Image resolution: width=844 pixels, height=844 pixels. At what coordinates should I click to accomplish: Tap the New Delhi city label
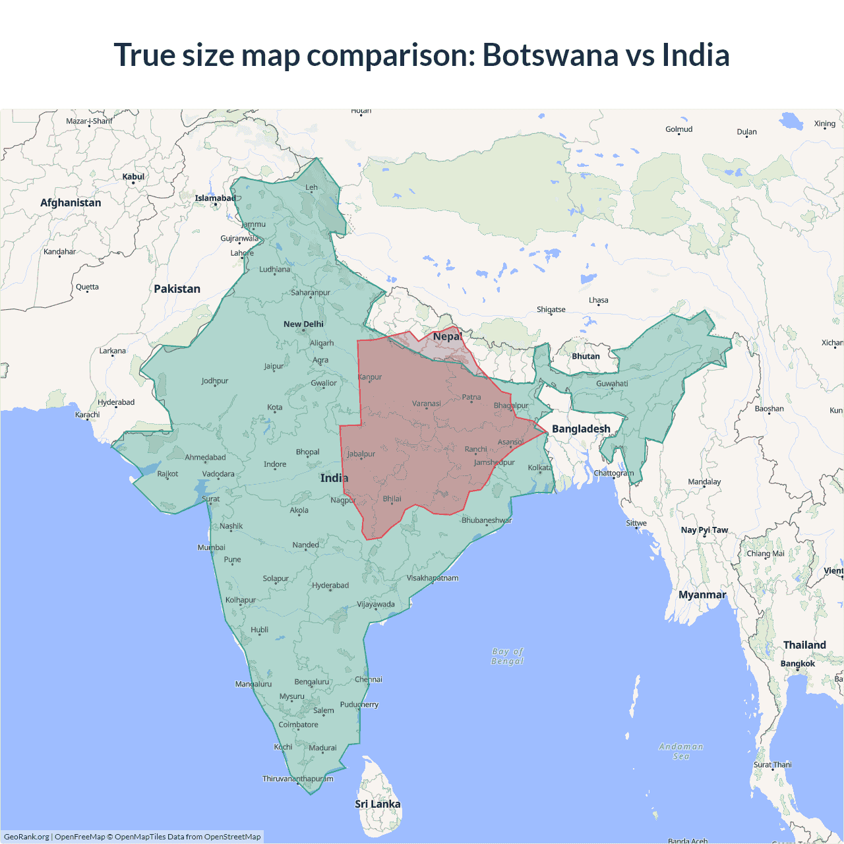[x=303, y=324]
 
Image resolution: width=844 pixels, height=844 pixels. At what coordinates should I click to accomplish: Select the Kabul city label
[x=133, y=177]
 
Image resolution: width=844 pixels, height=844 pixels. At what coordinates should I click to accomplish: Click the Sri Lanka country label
[x=377, y=804]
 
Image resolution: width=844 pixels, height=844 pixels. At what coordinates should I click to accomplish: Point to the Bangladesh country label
[x=581, y=429]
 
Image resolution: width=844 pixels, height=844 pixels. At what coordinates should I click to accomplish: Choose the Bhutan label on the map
[x=586, y=356]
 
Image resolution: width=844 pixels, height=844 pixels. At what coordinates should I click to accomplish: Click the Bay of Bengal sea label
[x=507, y=656]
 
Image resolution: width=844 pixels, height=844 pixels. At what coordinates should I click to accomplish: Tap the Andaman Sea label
[x=681, y=751]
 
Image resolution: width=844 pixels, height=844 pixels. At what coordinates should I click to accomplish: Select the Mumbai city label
[x=211, y=547]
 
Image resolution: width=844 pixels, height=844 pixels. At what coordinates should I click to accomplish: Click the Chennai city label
[x=368, y=679]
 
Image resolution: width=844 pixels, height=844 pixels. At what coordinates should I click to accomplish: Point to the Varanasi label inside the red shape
[x=426, y=404]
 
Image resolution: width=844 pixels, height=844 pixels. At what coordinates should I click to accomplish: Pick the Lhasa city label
[x=598, y=300]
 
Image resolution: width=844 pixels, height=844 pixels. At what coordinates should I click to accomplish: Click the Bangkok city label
[x=797, y=663]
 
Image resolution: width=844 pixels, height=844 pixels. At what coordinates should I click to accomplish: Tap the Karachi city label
[x=88, y=415]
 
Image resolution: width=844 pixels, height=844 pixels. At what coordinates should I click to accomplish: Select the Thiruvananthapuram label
[x=297, y=779]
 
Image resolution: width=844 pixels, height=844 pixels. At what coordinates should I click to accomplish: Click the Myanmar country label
[x=702, y=595]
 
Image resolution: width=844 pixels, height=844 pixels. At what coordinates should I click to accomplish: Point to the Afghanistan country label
[x=71, y=202]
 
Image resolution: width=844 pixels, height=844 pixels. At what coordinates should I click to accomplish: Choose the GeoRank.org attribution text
[x=26, y=837]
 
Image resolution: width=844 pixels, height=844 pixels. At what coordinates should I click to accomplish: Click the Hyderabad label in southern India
[x=330, y=586]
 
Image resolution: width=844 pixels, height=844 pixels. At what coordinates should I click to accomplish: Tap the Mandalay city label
[x=704, y=481]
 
